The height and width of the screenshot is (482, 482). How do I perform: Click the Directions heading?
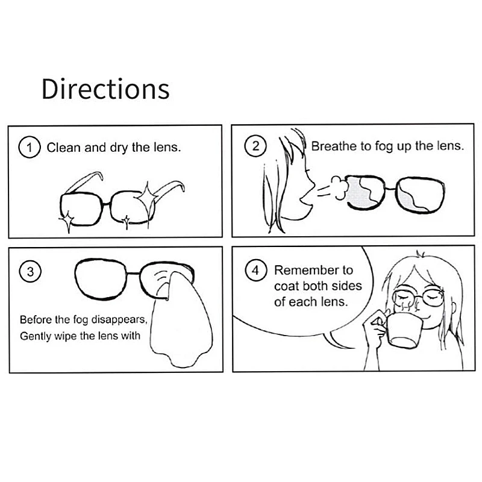[105, 89]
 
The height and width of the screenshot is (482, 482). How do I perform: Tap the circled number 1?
[29, 147]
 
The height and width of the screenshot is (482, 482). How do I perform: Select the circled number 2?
[255, 146]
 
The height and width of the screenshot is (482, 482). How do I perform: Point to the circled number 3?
[29, 272]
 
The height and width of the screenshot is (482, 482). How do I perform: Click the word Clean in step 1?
[64, 147]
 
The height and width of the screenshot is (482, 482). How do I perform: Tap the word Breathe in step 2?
[333, 146]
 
